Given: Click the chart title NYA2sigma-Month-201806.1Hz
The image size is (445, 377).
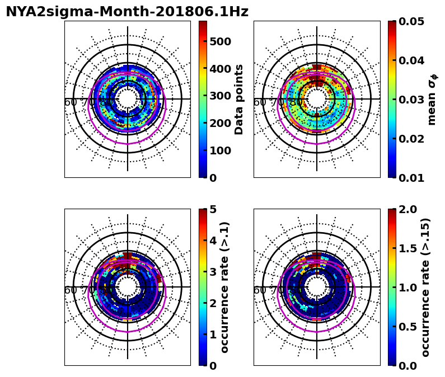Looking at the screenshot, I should tap(127, 12).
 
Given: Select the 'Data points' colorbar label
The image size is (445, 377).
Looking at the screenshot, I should tap(239, 99).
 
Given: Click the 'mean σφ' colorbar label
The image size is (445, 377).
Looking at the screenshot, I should tap(432, 100).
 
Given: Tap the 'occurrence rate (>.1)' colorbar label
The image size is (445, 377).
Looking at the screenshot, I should tap(225, 287).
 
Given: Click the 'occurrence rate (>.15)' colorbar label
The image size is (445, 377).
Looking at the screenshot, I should tap(425, 287).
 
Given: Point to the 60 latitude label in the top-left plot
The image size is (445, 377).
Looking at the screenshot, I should tap(71, 102).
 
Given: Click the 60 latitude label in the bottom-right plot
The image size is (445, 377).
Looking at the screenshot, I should tap(260, 290).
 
